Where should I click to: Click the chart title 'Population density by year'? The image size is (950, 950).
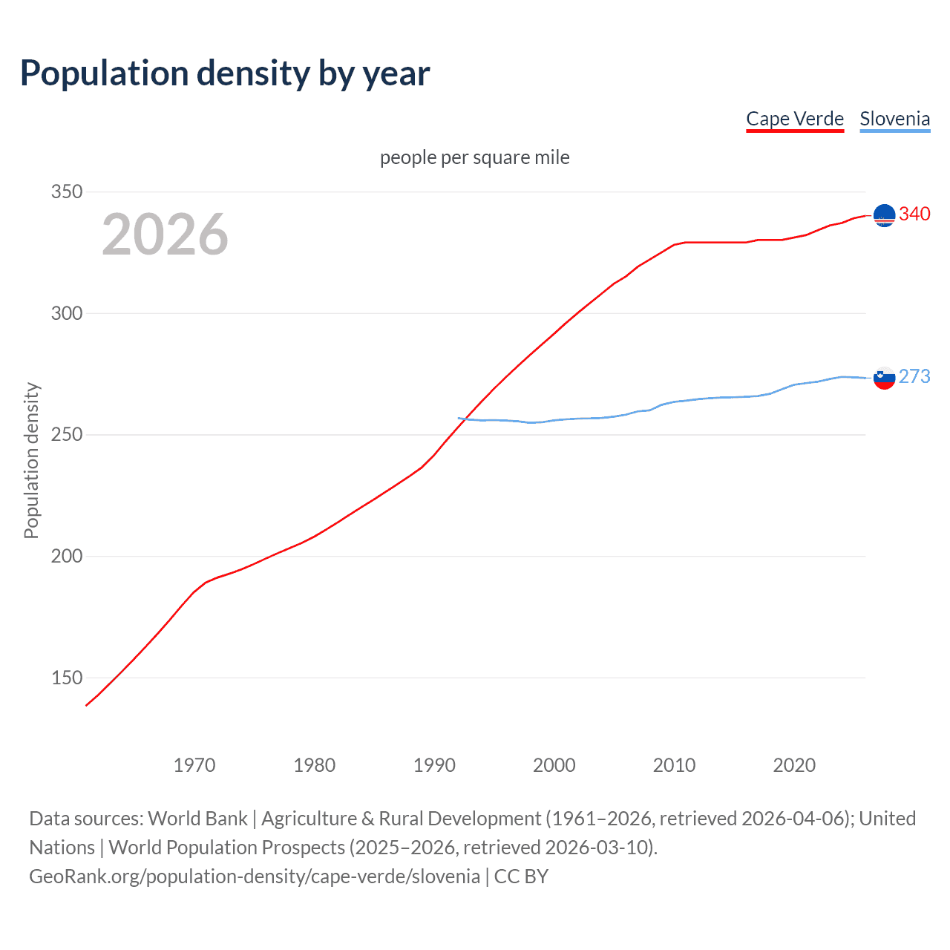[225, 73]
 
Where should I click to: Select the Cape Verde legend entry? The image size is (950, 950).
[795, 119]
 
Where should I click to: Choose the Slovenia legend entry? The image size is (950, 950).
[894, 119]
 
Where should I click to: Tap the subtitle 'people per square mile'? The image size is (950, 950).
[474, 157]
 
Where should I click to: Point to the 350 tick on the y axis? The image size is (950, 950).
[67, 191]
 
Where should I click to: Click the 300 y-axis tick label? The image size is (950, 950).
[67, 313]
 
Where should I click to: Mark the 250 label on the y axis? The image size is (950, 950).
[67, 435]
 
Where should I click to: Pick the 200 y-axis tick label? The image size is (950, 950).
[67, 556]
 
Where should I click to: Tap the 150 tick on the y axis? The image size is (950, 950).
[67, 678]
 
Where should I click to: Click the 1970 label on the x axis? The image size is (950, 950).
[194, 765]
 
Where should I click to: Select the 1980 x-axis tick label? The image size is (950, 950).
[315, 765]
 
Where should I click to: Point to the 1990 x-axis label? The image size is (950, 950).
[434, 765]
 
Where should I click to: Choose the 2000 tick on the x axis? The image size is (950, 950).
[554, 765]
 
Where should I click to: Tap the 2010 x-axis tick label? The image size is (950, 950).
[674, 765]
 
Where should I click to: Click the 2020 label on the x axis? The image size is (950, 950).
[794, 765]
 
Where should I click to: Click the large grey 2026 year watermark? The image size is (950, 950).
[165, 235]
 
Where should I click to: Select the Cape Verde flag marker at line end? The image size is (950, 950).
[884, 215]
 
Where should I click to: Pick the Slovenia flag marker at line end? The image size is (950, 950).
[884, 378]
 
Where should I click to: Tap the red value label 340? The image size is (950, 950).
[914, 214]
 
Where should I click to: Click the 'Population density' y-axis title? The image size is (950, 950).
[31, 460]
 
